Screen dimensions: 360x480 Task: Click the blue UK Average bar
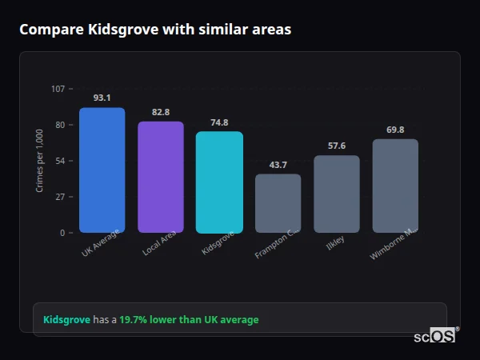102,170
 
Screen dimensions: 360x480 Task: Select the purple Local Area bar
161,177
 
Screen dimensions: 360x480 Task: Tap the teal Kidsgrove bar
219,182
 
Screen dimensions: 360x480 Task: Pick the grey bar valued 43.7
278,203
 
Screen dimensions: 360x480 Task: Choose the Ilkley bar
337,194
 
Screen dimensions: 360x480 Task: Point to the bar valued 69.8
395,186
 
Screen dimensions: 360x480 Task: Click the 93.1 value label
102,98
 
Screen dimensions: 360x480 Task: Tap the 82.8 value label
161,112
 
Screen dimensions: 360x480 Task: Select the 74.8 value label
219,122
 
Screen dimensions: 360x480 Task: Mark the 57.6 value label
337,146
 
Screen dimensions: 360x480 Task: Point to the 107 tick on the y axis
58,89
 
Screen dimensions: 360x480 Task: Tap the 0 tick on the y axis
62,233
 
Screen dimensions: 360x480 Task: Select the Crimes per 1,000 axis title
40,161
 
